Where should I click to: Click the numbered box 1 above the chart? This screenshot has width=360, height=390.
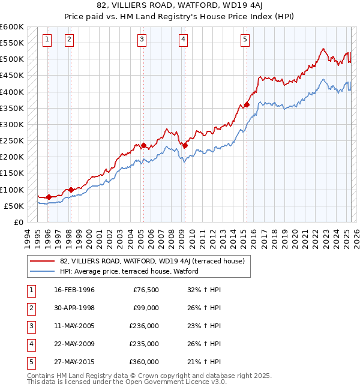47,40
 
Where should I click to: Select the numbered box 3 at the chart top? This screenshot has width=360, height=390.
142,40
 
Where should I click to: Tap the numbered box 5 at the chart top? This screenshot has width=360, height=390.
245,40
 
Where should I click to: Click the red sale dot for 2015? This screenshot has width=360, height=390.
247,105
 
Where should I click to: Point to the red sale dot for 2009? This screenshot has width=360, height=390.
185,145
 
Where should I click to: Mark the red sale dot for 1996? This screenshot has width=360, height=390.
49,197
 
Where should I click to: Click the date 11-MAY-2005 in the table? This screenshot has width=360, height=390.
74,326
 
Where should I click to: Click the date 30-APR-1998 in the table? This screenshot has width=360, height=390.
74,308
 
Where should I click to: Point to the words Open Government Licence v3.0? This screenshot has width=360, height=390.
173,382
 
